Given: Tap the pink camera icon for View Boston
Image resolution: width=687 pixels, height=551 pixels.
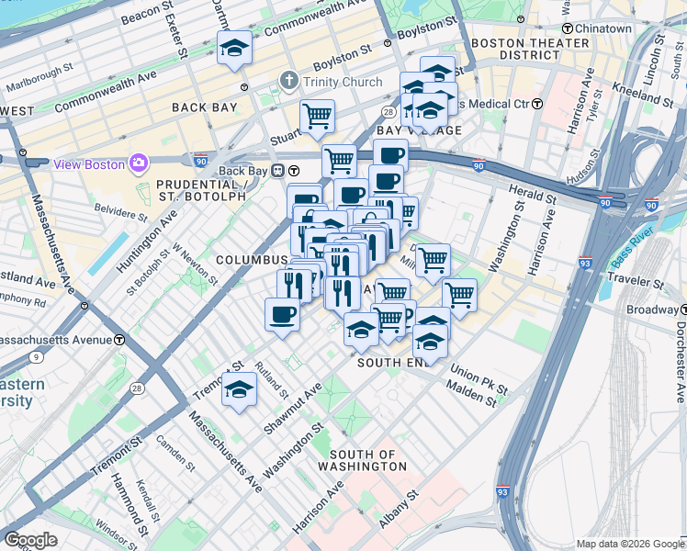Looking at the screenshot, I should [x=140, y=163].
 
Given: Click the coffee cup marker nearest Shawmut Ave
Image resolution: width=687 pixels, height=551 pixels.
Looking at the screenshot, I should [x=282, y=314].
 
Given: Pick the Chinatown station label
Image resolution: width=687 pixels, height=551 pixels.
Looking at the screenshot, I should [x=603, y=28].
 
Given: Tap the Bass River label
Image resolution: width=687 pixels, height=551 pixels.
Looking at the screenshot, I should [x=635, y=240].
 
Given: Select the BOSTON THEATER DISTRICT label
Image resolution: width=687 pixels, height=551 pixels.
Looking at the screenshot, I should [x=529, y=49].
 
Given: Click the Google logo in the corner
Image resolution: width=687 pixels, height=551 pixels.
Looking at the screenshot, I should [x=30, y=540].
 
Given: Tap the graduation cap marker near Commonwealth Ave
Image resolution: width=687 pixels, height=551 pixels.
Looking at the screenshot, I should [x=234, y=48].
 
